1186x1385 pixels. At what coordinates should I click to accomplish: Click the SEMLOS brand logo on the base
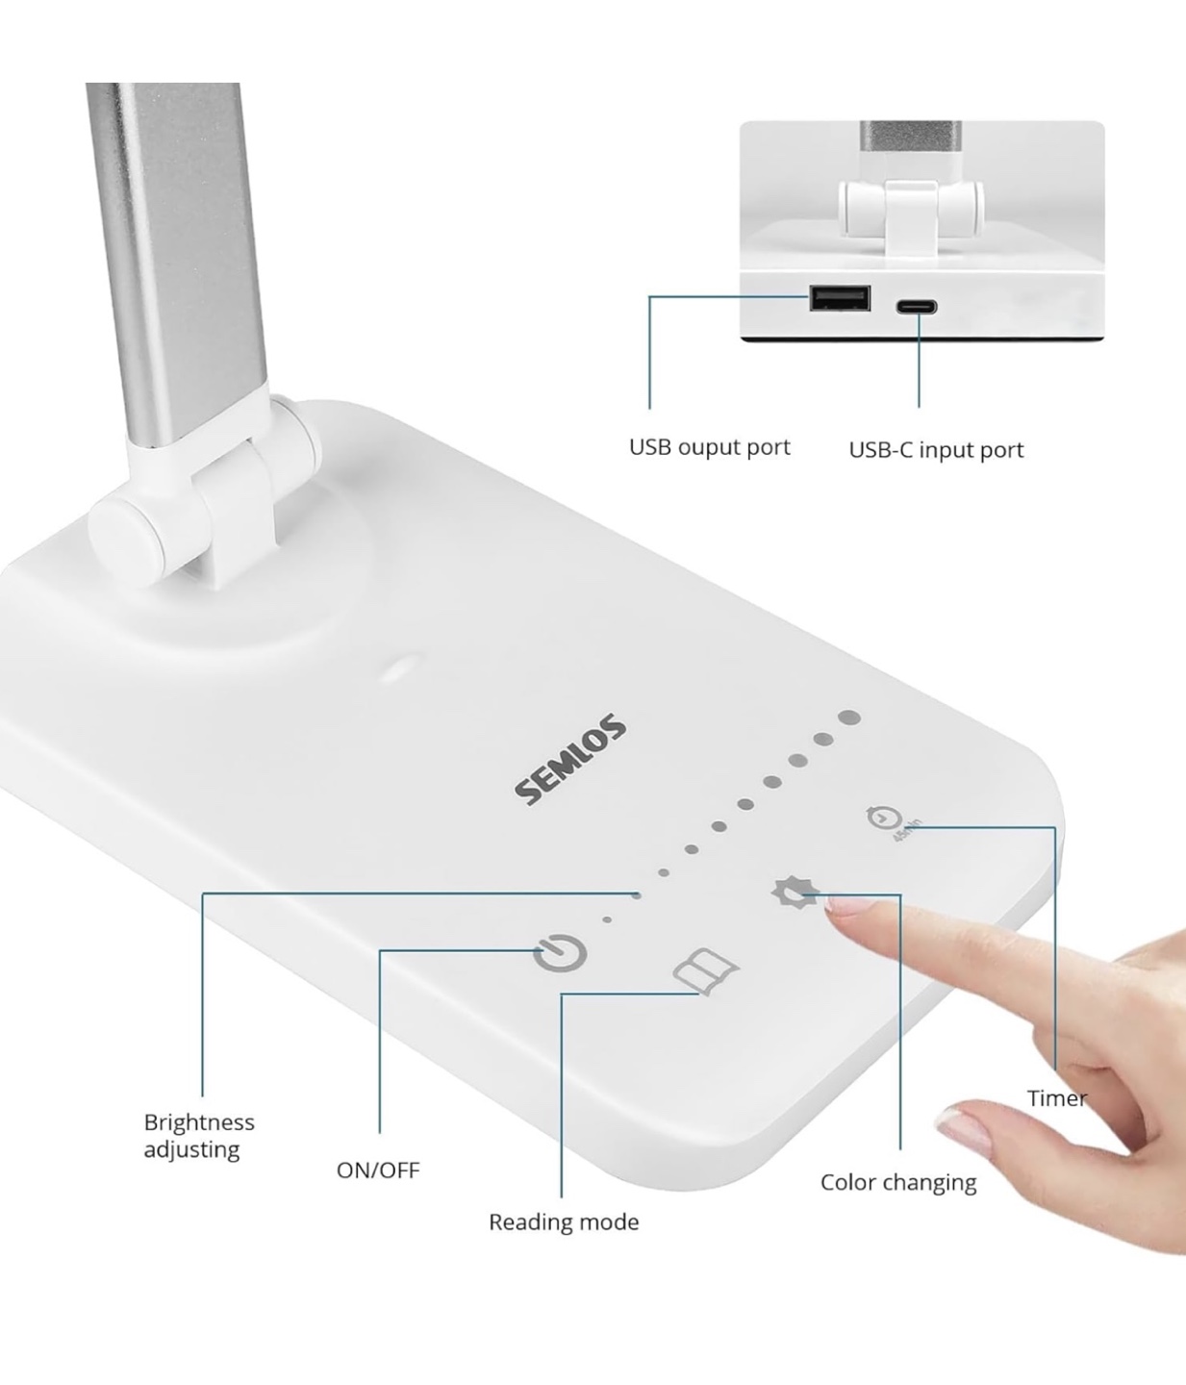(x=571, y=759)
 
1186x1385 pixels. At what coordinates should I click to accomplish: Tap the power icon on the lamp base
(x=560, y=952)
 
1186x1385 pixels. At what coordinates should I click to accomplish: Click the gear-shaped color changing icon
(x=795, y=893)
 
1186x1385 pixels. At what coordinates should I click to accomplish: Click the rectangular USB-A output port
(x=840, y=298)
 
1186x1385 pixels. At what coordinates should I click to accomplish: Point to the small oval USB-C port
(x=917, y=308)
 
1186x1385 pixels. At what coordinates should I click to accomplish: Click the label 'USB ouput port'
(x=710, y=447)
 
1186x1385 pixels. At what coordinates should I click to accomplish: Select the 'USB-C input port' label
(x=936, y=450)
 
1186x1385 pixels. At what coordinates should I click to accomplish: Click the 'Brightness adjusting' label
(x=199, y=1136)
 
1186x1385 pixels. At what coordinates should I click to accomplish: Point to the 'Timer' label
(x=1056, y=1098)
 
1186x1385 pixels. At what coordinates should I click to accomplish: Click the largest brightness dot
(x=849, y=718)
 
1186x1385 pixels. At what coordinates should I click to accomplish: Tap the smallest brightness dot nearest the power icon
(x=607, y=919)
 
